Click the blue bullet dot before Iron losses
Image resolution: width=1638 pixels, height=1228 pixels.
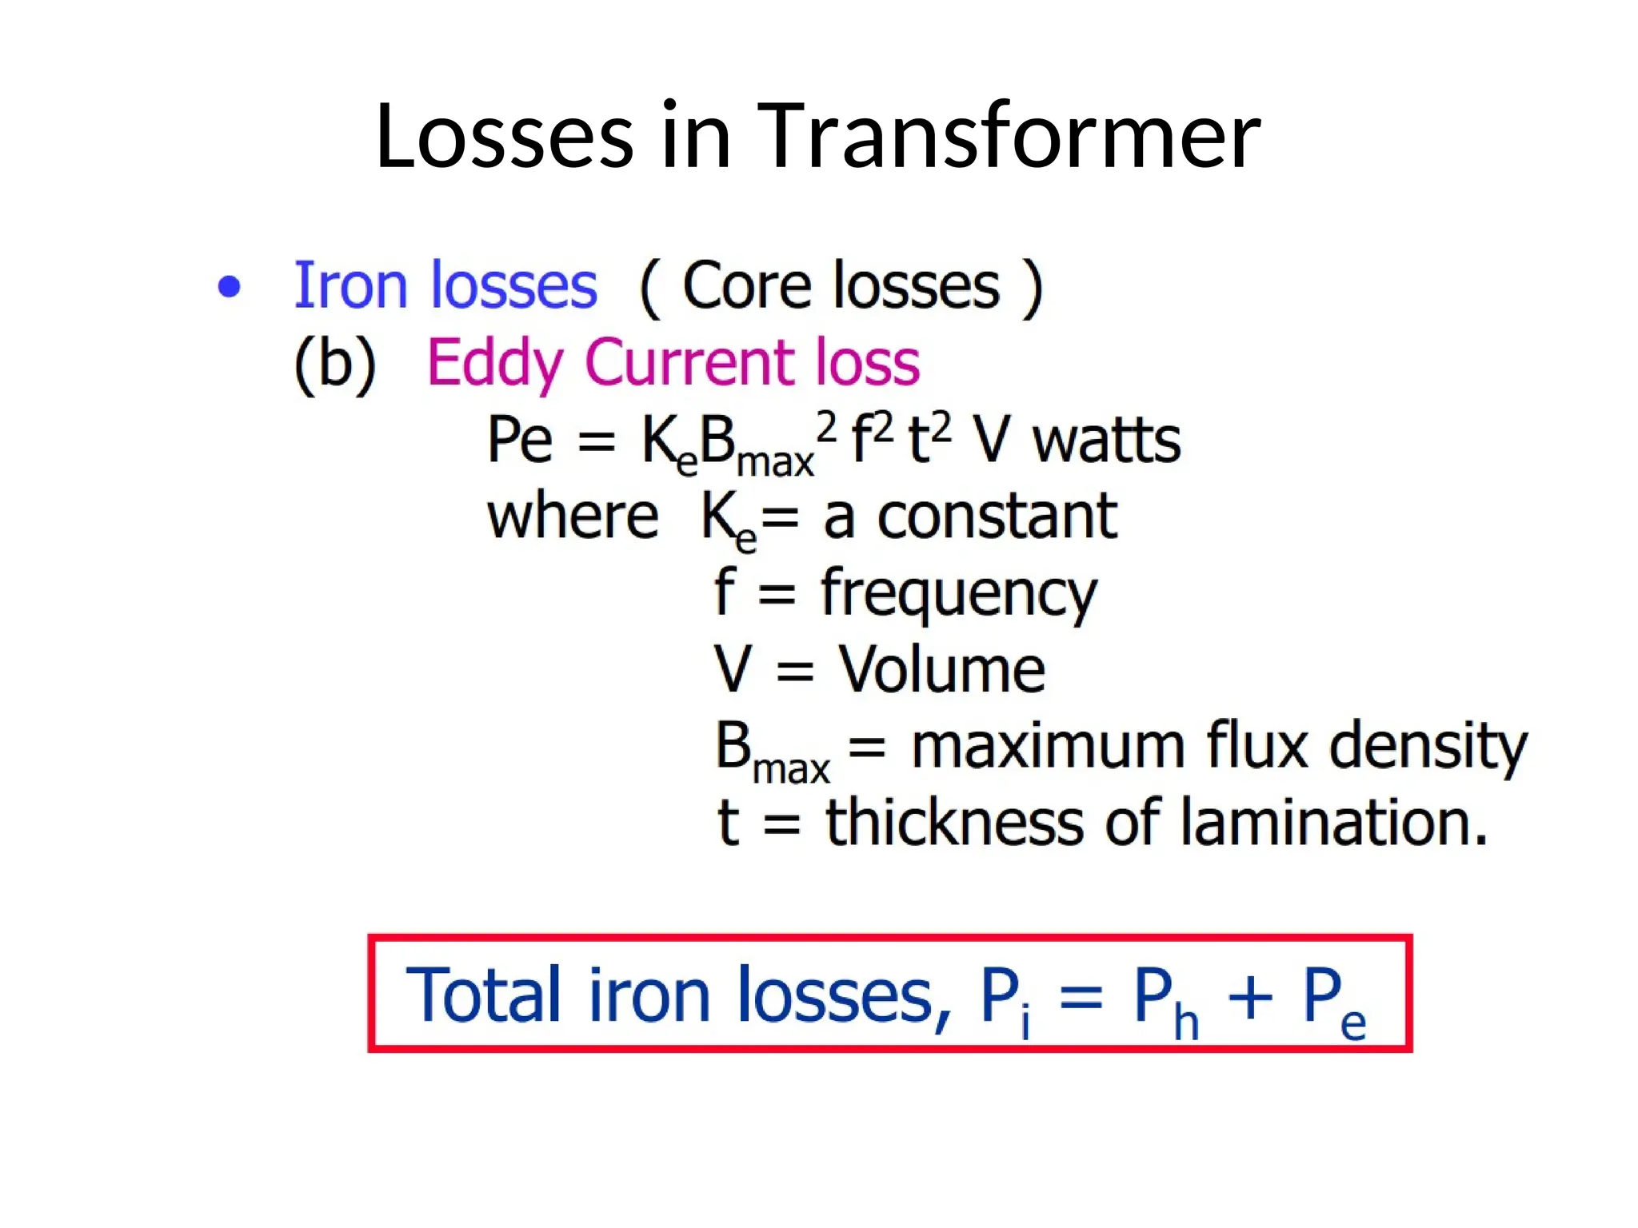(230, 286)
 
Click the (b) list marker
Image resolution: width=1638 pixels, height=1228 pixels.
(335, 364)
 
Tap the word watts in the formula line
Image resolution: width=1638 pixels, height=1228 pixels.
(1106, 441)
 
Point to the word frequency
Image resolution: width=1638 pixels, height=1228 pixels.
(959, 594)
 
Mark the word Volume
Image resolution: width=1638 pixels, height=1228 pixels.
(941, 670)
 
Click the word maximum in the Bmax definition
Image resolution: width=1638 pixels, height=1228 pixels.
(1049, 745)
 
